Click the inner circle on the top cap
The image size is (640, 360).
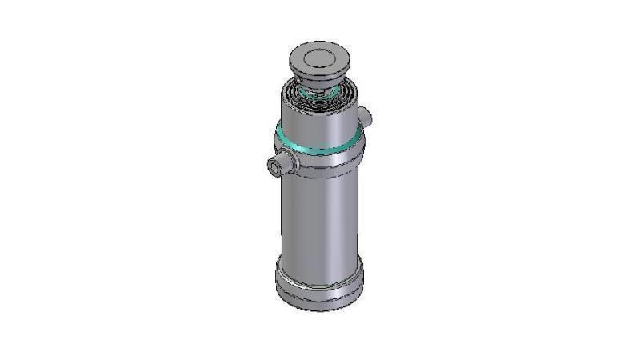(321, 58)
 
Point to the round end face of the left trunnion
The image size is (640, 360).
(274, 168)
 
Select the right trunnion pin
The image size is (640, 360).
(366, 118)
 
